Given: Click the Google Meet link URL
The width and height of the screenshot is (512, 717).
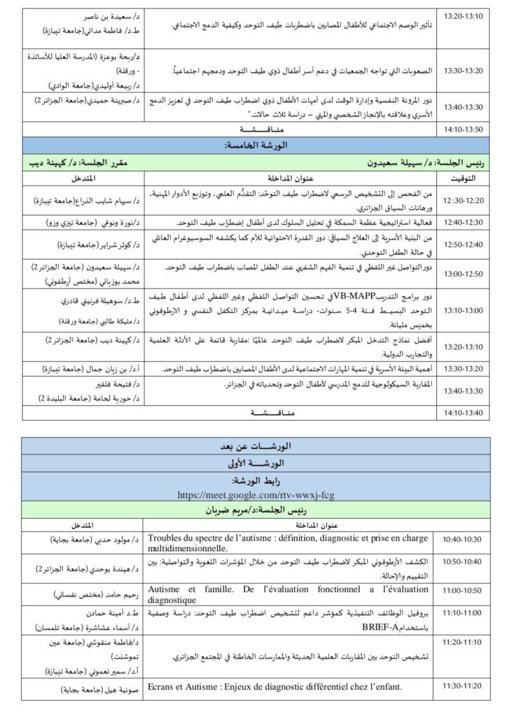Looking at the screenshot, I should (x=256, y=495).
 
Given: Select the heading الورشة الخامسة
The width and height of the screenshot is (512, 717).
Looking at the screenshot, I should (x=256, y=146).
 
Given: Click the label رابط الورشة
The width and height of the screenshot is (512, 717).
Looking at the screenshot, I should (x=256, y=482).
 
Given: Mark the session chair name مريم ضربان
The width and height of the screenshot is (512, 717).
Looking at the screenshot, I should (x=256, y=510).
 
